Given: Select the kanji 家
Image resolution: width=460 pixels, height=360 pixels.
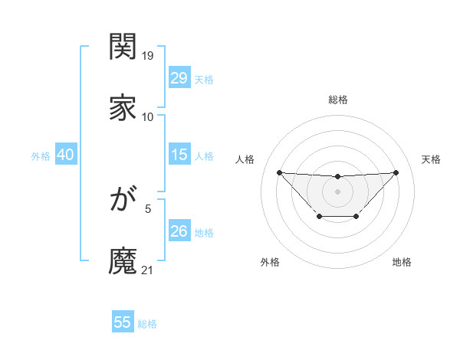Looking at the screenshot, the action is point(123,108).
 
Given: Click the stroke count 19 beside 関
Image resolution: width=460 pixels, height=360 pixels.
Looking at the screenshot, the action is point(149,56).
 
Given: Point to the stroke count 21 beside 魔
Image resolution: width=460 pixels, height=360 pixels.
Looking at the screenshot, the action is point(149,270).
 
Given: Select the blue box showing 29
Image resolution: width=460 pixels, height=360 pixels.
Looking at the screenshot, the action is point(179,77).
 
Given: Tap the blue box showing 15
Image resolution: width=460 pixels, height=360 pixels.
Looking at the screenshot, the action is point(179,155).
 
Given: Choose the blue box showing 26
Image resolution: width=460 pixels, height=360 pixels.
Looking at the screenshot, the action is point(179,231).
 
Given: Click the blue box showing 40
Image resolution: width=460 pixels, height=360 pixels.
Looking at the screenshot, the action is point(65,155).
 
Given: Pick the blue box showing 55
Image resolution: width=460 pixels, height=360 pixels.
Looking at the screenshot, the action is point(123,322).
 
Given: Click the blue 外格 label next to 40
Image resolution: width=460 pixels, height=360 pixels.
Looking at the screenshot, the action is point(41,156).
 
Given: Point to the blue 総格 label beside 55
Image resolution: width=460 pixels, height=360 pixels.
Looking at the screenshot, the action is point(147,324).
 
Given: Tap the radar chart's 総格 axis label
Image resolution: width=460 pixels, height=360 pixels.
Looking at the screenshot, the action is point(337,100).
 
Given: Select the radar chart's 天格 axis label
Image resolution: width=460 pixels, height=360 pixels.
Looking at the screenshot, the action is point(431,159).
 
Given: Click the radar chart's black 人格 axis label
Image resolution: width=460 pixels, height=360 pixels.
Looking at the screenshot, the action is point(245,159).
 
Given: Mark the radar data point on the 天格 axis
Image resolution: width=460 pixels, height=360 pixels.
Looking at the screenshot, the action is point(396,172).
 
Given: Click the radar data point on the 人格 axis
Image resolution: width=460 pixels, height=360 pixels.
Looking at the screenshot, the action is point(279,172).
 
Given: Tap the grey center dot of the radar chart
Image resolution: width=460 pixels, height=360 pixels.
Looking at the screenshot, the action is point(337,191).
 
